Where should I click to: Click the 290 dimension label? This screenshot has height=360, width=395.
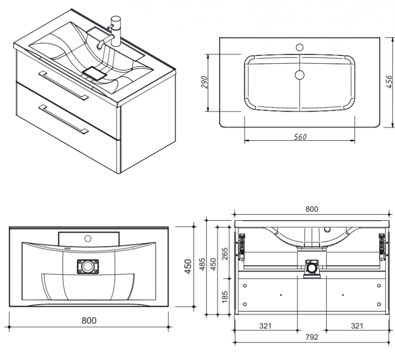[x=205, y=82]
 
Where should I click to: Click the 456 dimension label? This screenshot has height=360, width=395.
[x=389, y=81]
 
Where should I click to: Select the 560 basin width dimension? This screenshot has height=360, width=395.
[x=300, y=137]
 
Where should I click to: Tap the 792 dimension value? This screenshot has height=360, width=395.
[x=312, y=337]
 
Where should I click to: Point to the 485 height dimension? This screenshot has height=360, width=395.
[x=202, y=264]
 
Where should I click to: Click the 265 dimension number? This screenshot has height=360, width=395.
[x=225, y=254]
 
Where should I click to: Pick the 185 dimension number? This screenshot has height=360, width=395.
[x=225, y=296]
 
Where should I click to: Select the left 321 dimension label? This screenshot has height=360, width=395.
[x=266, y=326]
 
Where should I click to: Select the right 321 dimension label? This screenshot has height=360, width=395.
[x=357, y=326]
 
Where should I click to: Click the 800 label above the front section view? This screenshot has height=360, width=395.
[x=312, y=209]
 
